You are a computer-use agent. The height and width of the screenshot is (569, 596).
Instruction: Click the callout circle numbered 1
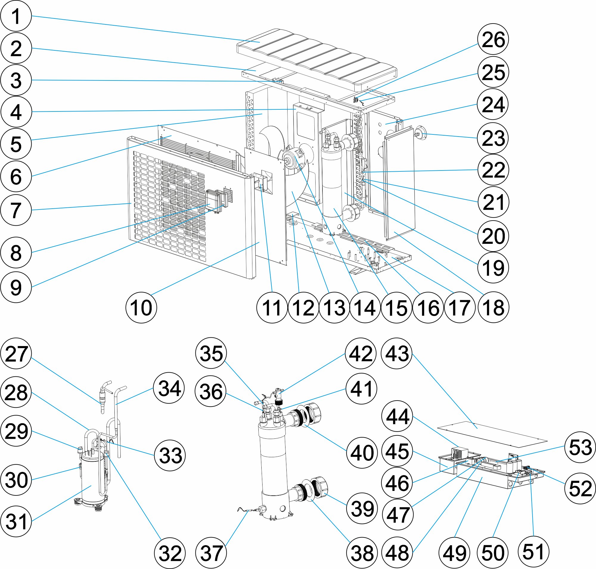16,16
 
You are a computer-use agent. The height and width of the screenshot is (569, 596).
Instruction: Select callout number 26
493,39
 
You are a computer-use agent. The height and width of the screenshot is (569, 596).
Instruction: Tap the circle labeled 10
141,307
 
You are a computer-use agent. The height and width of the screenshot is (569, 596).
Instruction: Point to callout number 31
16,521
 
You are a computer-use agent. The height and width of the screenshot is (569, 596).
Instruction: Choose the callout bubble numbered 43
397,353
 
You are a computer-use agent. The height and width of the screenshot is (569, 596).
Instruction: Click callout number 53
580,447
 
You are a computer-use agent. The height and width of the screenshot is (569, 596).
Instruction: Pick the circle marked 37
211,553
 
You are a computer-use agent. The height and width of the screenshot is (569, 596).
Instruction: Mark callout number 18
493,307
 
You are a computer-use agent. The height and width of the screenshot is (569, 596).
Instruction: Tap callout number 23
493,138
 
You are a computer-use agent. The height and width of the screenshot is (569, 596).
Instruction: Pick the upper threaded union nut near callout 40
314,413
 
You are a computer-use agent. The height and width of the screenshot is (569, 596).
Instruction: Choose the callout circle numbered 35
211,353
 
